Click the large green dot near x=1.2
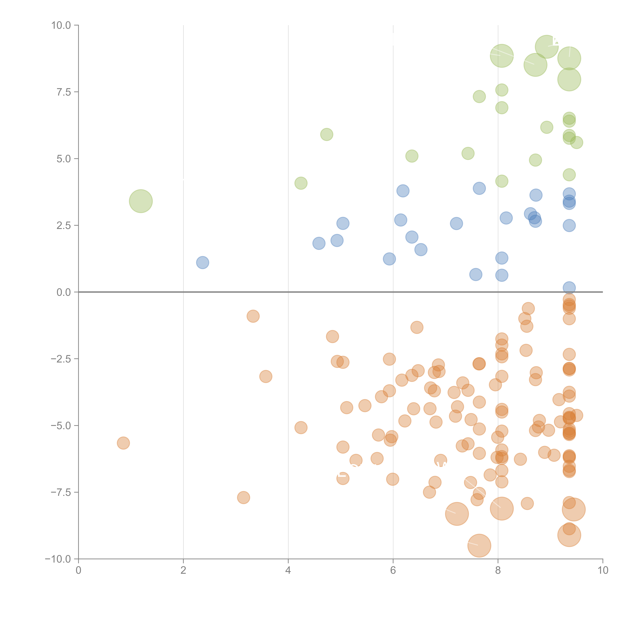pos(141,201)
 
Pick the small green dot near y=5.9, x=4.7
pos(327,134)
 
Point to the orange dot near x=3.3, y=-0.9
pos(253,316)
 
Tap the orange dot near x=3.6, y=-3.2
pos(266,376)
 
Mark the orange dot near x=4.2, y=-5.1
pos(301,427)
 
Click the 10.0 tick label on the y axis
pos(61,25)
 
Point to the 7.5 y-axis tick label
pos(64,92)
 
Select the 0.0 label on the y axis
pos(64,292)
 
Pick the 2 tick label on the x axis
pos(183,570)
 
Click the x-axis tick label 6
pos(393,570)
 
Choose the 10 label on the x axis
pos(603,570)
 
